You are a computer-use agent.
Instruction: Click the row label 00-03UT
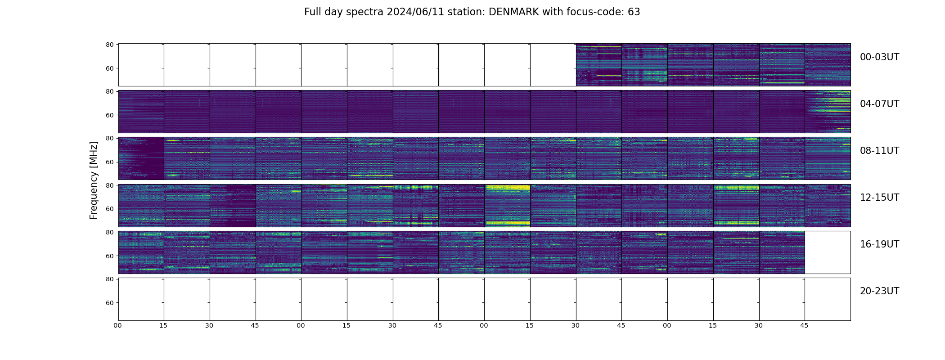pyautogui.click(x=879, y=57)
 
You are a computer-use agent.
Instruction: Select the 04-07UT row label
pyautogui.click(x=879, y=104)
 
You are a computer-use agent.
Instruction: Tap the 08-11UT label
pyautogui.click(x=879, y=151)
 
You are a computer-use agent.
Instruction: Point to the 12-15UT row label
pyautogui.click(x=879, y=198)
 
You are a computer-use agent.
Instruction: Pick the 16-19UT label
pyautogui.click(x=879, y=244)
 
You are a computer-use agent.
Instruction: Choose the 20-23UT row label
pyautogui.click(x=879, y=291)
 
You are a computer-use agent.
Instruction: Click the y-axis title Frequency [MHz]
pyautogui.click(x=94, y=180)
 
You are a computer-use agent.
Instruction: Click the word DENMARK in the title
pyautogui.click(x=513, y=12)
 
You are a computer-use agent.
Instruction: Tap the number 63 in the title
pyautogui.click(x=634, y=12)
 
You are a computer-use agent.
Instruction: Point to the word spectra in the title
pyautogui.click(x=365, y=12)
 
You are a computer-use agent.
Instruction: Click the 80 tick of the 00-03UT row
pyautogui.click(x=109, y=45)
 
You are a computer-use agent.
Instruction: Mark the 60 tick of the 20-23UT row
pyautogui.click(x=109, y=303)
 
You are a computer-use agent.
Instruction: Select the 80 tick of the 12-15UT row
pyautogui.click(x=109, y=185)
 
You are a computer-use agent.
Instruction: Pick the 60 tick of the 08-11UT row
pyautogui.click(x=109, y=162)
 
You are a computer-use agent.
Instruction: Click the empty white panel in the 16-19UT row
pyautogui.click(x=827, y=252)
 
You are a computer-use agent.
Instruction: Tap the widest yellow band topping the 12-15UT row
pyautogui.click(x=507, y=187)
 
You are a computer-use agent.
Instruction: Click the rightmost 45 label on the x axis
pyautogui.click(x=804, y=325)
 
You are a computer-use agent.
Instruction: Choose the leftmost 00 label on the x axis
pyautogui.click(x=118, y=325)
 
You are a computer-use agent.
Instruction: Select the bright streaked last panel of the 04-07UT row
pyautogui.click(x=827, y=112)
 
